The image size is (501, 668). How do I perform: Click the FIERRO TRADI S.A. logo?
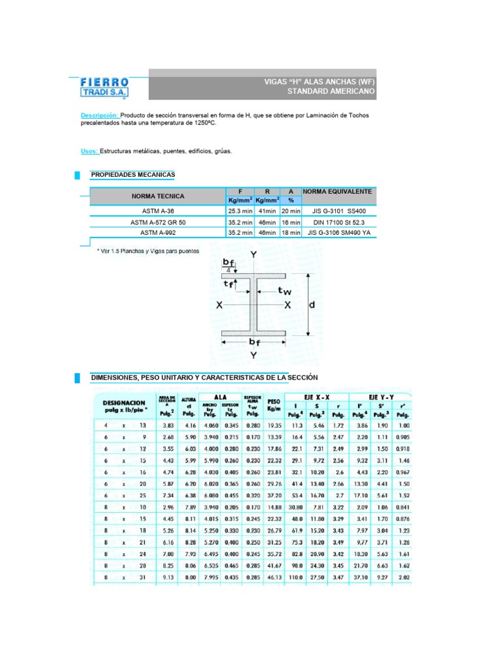click(x=105, y=87)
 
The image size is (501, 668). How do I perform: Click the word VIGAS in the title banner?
click(x=277, y=82)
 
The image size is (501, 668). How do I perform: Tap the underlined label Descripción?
click(x=100, y=115)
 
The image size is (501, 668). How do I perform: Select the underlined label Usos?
click(x=89, y=151)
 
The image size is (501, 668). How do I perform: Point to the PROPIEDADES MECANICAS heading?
click(x=132, y=175)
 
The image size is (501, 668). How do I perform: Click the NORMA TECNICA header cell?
click(x=158, y=196)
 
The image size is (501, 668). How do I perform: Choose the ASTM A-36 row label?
click(x=158, y=211)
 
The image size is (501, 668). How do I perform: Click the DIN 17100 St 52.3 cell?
click(x=339, y=222)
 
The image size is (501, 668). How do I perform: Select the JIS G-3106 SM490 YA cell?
click(x=339, y=232)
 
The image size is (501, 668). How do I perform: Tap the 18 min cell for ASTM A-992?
click(x=290, y=232)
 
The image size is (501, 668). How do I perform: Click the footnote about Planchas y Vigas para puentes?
click(x=148, y=250)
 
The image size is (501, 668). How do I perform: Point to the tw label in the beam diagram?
click(x=284, y=291)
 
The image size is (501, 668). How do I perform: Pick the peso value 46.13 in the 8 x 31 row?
click(x=274, y=577)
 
